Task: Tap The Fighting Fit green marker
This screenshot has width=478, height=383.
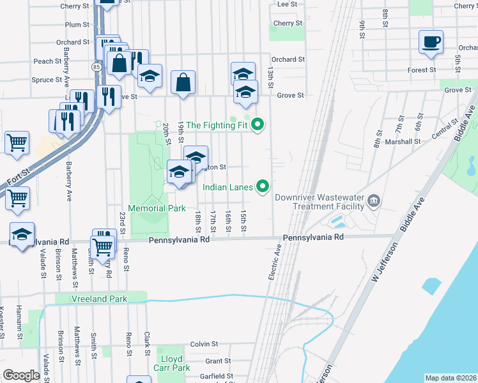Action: tap(258, 124)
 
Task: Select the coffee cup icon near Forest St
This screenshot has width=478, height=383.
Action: tap(431, 43)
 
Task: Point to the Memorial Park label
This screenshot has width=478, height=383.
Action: tap(157, 208)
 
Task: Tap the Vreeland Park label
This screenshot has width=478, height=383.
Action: tap(99, 299)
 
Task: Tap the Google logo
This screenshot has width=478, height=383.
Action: tap(22, 375)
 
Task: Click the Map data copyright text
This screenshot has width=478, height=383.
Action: tap(450, 378)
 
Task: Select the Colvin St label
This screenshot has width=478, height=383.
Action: tap(204, 344)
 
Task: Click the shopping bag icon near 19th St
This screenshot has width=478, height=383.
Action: tap(183, 82)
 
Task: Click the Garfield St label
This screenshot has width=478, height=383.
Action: tap(216, 376)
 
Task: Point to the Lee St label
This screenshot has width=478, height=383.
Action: tap(288, 4)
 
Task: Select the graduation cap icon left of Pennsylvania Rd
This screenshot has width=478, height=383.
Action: tap(22, 234)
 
